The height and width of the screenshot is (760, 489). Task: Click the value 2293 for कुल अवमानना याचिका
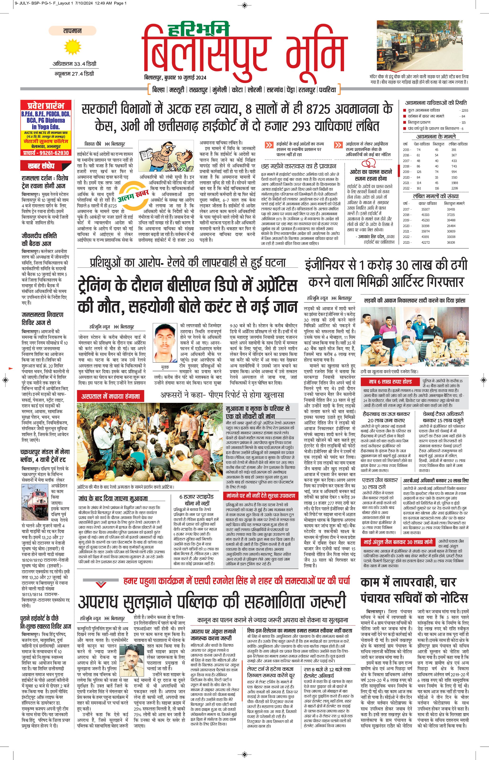(x=464, y=111)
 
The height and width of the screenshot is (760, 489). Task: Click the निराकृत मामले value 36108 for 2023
(x=451, y=242)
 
